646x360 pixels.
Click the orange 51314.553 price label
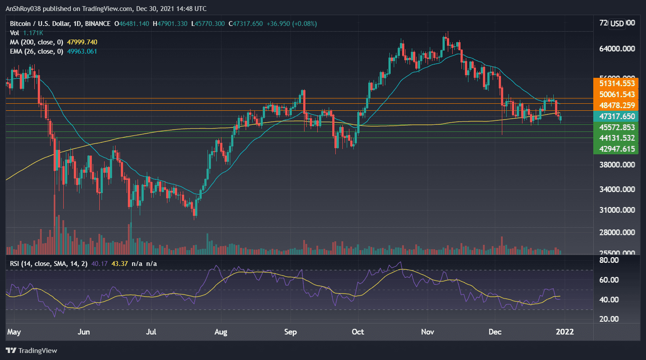(617, 84)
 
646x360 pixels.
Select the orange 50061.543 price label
(617, 95)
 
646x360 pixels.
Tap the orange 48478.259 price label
(617, 105)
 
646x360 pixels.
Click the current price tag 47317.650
(617, 116)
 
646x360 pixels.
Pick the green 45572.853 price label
(617, 127)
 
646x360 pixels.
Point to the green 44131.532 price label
(617, 138)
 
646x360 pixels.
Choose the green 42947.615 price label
(617, 149)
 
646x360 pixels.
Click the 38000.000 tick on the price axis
(617, 165)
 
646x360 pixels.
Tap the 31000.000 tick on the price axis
(617, 210)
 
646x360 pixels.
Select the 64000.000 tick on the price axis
(617, 49)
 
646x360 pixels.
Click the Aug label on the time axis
(221, 332)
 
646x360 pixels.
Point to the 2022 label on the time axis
(565, 332)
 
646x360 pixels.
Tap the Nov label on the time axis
(427, 332)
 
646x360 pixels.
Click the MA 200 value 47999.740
(82, 42)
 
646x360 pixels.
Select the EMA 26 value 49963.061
(82, 51)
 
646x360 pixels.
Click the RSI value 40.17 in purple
(99, 264)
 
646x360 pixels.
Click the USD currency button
(617, 23)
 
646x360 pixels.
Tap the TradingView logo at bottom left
(32, 350)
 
